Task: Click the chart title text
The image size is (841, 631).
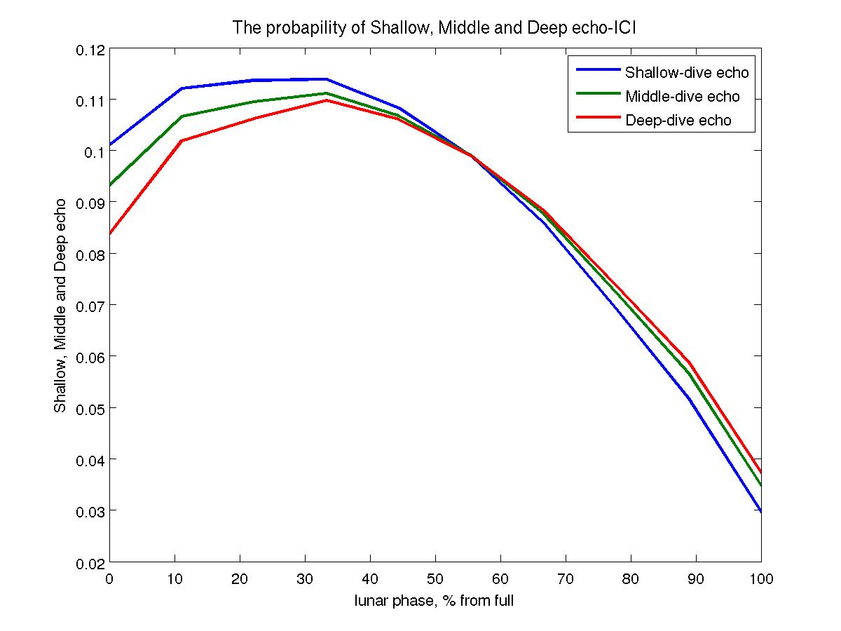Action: coord(435,28)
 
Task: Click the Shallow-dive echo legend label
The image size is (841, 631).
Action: coord(687,72)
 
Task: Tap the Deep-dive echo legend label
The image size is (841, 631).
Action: coord(678,121)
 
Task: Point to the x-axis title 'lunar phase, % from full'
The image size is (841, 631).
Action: coord(435,600)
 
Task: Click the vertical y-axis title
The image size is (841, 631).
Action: coord(61,305)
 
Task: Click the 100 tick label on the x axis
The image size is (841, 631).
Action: coord(760,579)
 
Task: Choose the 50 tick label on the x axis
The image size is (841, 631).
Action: coord(435,579)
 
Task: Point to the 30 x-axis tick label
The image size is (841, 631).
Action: coord(306,579)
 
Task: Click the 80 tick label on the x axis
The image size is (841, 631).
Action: coord(631,579)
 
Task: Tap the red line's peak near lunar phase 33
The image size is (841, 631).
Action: coord(327,100)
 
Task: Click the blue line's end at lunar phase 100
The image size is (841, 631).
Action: coord(760,512)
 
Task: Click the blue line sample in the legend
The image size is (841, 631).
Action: coord(596,70)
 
